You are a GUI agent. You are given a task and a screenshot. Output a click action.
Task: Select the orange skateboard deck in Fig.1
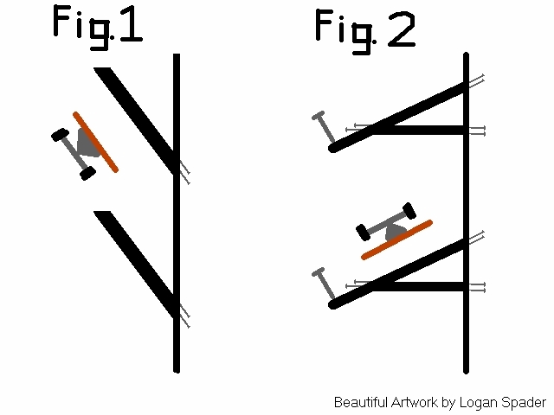(x=95, y=141)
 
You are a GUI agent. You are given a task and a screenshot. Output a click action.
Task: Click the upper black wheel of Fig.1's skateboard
(x=60, y=135)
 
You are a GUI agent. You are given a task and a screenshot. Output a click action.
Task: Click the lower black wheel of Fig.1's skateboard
(x=87, y=173)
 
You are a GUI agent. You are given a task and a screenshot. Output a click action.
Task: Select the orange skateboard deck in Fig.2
(x=396, y=239)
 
